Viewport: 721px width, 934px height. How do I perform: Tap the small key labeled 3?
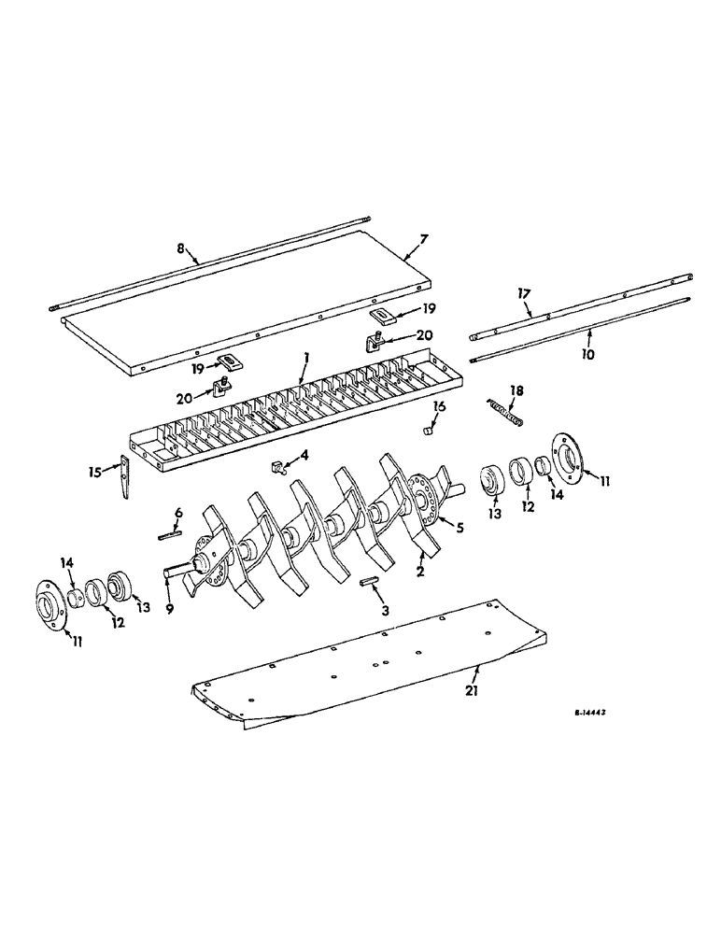(367, 581)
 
